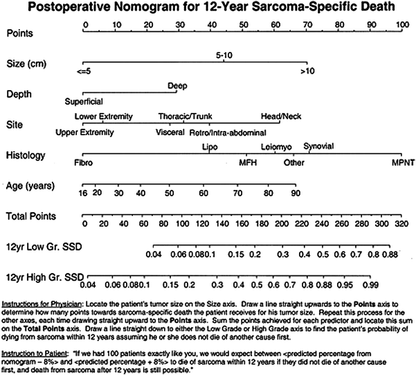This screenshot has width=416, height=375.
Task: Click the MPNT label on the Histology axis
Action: (401, 163)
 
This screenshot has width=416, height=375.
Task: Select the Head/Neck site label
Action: (280, 116)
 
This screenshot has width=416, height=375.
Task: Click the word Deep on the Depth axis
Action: (177, 87)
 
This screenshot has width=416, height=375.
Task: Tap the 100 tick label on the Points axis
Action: (401, 24)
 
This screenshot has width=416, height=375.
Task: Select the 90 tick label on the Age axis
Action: (295, 192)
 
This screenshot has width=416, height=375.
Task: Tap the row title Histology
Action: (23, 155)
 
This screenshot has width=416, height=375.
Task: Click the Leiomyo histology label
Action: (276, 147)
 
